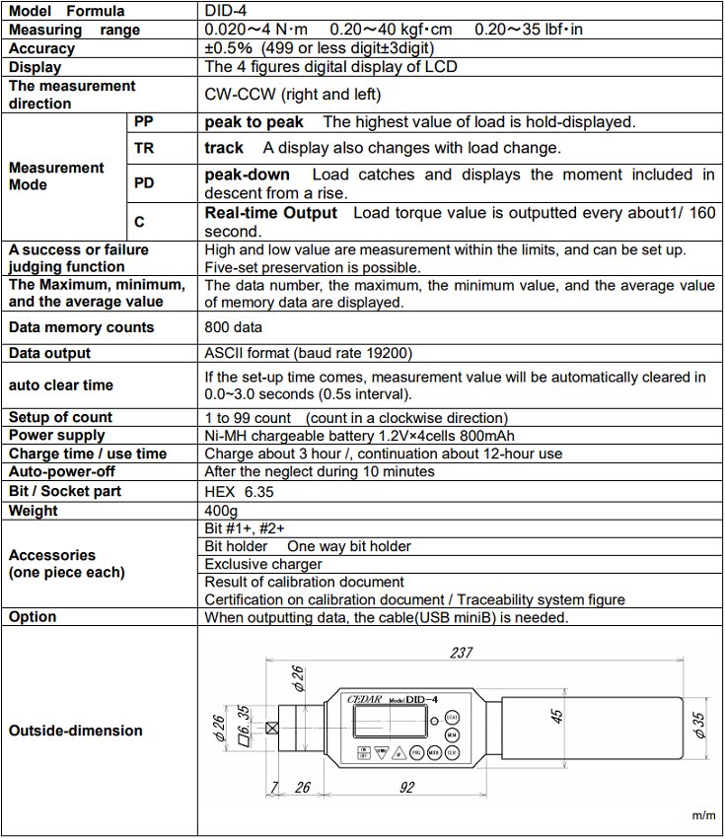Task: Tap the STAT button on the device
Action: [x=452, y=717]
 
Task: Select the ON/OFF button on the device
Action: [x=363, y=753]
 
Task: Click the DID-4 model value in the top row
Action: [x=224, y=11]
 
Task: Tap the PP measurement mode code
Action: [x=144, y=122]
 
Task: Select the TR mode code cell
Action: [x=144, y=148]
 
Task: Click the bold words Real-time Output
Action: [x=270, y=213]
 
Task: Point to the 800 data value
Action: [x=234, y=327]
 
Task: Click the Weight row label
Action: [x=34, y=511]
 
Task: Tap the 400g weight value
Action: [x=220, y=511]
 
